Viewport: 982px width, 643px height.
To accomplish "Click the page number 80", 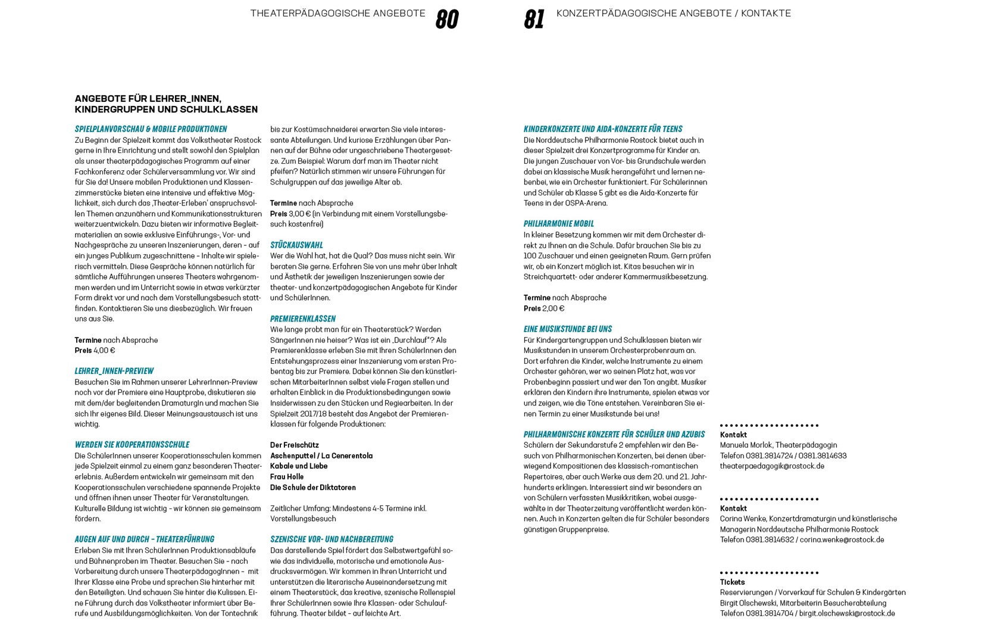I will tap(447, 19).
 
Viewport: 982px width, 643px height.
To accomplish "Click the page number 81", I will tap(534, 19).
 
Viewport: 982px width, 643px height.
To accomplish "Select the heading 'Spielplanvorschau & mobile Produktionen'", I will tap(151, 129).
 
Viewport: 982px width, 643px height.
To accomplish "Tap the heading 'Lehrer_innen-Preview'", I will tap(114, 371).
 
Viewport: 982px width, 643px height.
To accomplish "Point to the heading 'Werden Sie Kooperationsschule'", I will tap(132, 445).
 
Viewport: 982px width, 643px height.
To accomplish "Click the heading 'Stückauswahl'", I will tap(296, 245).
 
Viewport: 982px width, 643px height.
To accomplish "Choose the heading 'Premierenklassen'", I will tap(302, 319).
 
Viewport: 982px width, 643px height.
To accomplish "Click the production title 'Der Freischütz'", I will tap(294, 445).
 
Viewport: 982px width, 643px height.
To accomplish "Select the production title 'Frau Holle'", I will tap(287, 477).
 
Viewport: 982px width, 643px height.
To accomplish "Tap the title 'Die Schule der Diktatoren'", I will tap(313, 488).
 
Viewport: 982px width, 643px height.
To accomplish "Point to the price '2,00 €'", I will tap(553, 308).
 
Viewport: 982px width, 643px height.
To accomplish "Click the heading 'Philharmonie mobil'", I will tap(558, 224).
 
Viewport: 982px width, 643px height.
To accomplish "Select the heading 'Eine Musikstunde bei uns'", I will tap(567, 329).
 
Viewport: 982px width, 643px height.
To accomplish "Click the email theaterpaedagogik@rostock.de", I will tap(772, 466).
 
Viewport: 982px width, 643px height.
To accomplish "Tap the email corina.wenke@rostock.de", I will tap(842, 540).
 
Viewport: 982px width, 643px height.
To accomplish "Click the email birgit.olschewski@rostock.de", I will tap(846, 614).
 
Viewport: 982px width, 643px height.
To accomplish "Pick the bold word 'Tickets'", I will tap(732, 582).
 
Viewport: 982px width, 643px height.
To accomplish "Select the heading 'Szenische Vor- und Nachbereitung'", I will tap(331, 539).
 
